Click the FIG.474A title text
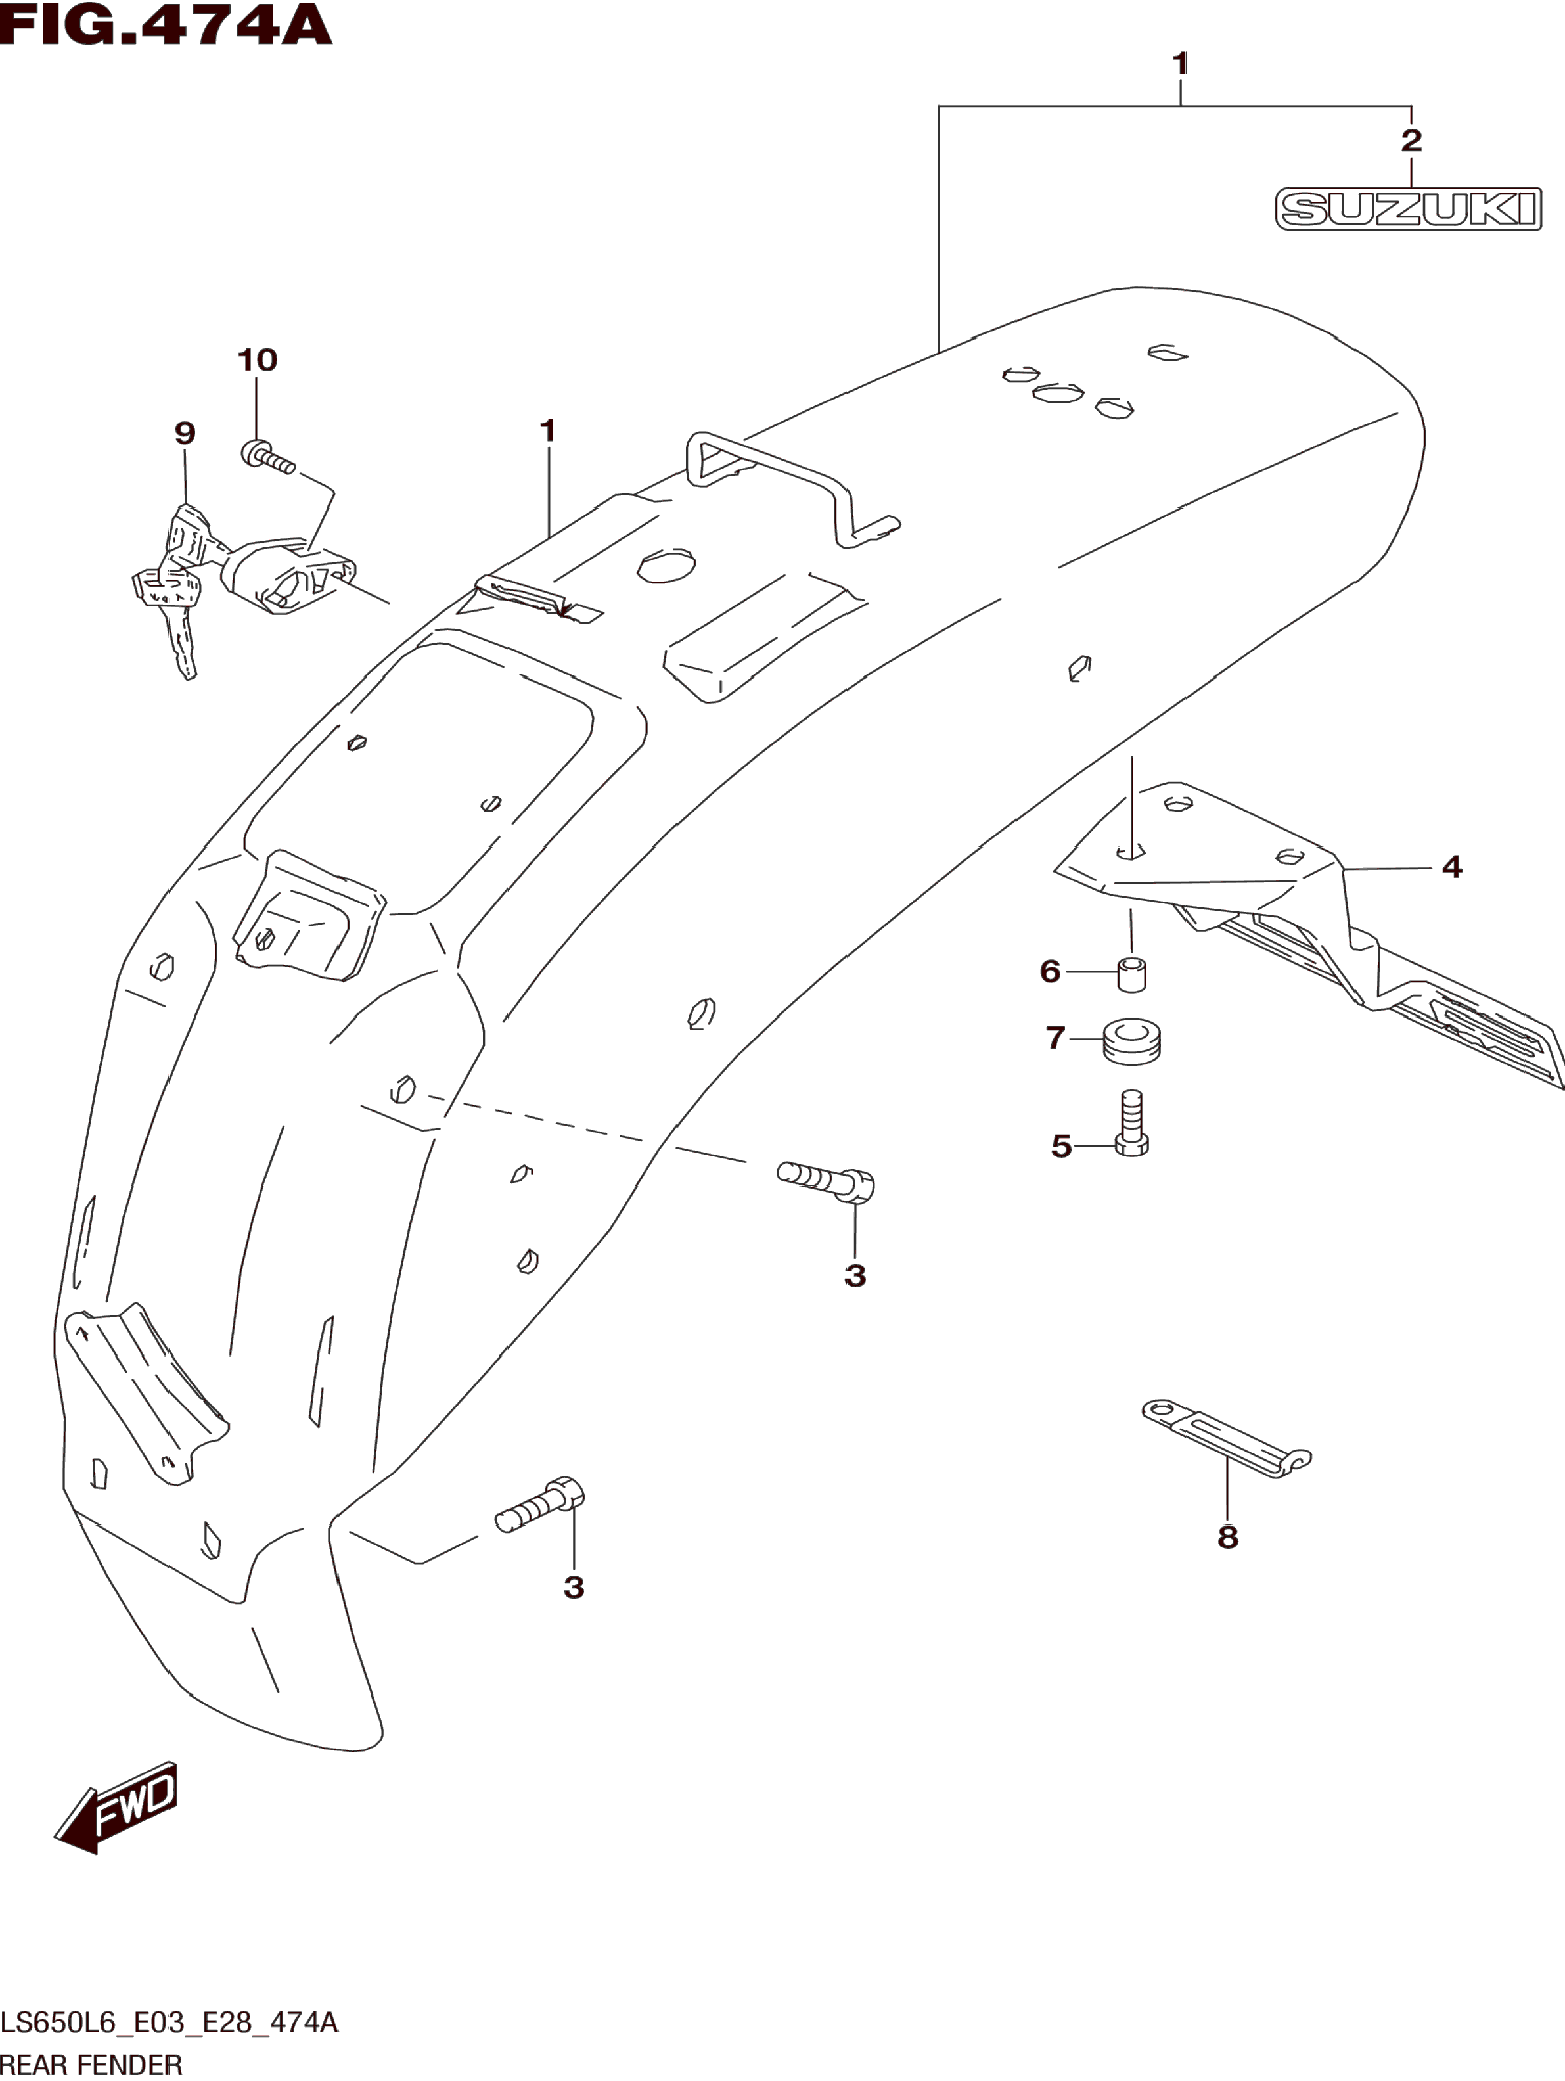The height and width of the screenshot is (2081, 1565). click(x=166, y=26)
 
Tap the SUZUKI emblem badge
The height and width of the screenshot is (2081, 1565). click(x=1408, y=209)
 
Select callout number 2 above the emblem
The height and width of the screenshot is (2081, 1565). click(x=1411, y=141)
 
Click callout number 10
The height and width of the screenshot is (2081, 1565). click(x=257, y=359)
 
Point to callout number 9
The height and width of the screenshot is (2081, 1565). click(x=185, y=433)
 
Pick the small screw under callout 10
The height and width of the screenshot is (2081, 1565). click(x=268, y=458)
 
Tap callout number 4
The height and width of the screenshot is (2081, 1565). click(x=1452, y=867)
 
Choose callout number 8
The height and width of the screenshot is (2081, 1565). click(x=1227, y=1537)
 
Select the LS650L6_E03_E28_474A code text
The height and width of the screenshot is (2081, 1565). click(x=170, y=2022)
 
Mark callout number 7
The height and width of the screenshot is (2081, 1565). click(x=1055, y=1038)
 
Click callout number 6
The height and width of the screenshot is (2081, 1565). click(x=1051, y=971)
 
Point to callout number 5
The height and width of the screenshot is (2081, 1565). click(x=1061, y=1146)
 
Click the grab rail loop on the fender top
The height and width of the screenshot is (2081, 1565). click(x=790, y=484)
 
